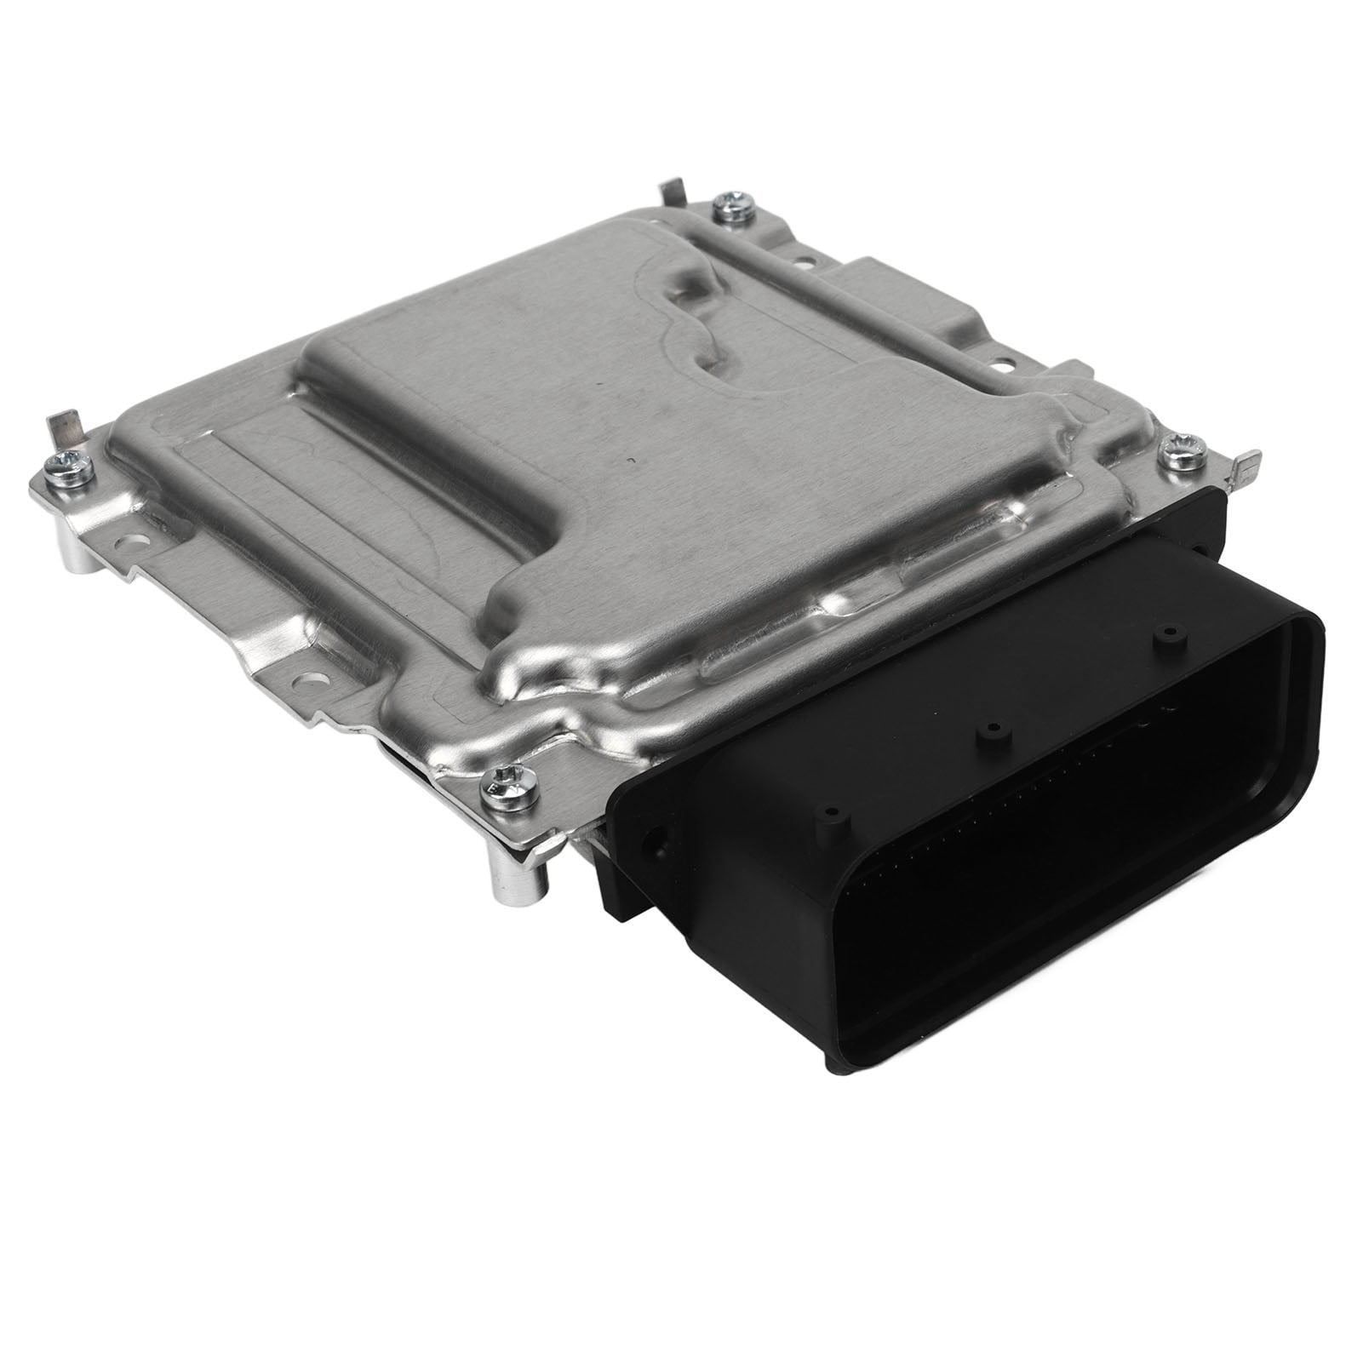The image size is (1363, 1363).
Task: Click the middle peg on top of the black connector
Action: (989, 732)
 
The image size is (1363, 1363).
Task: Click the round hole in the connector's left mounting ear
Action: (653, 849)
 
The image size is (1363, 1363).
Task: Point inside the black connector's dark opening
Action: (1064, 851)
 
